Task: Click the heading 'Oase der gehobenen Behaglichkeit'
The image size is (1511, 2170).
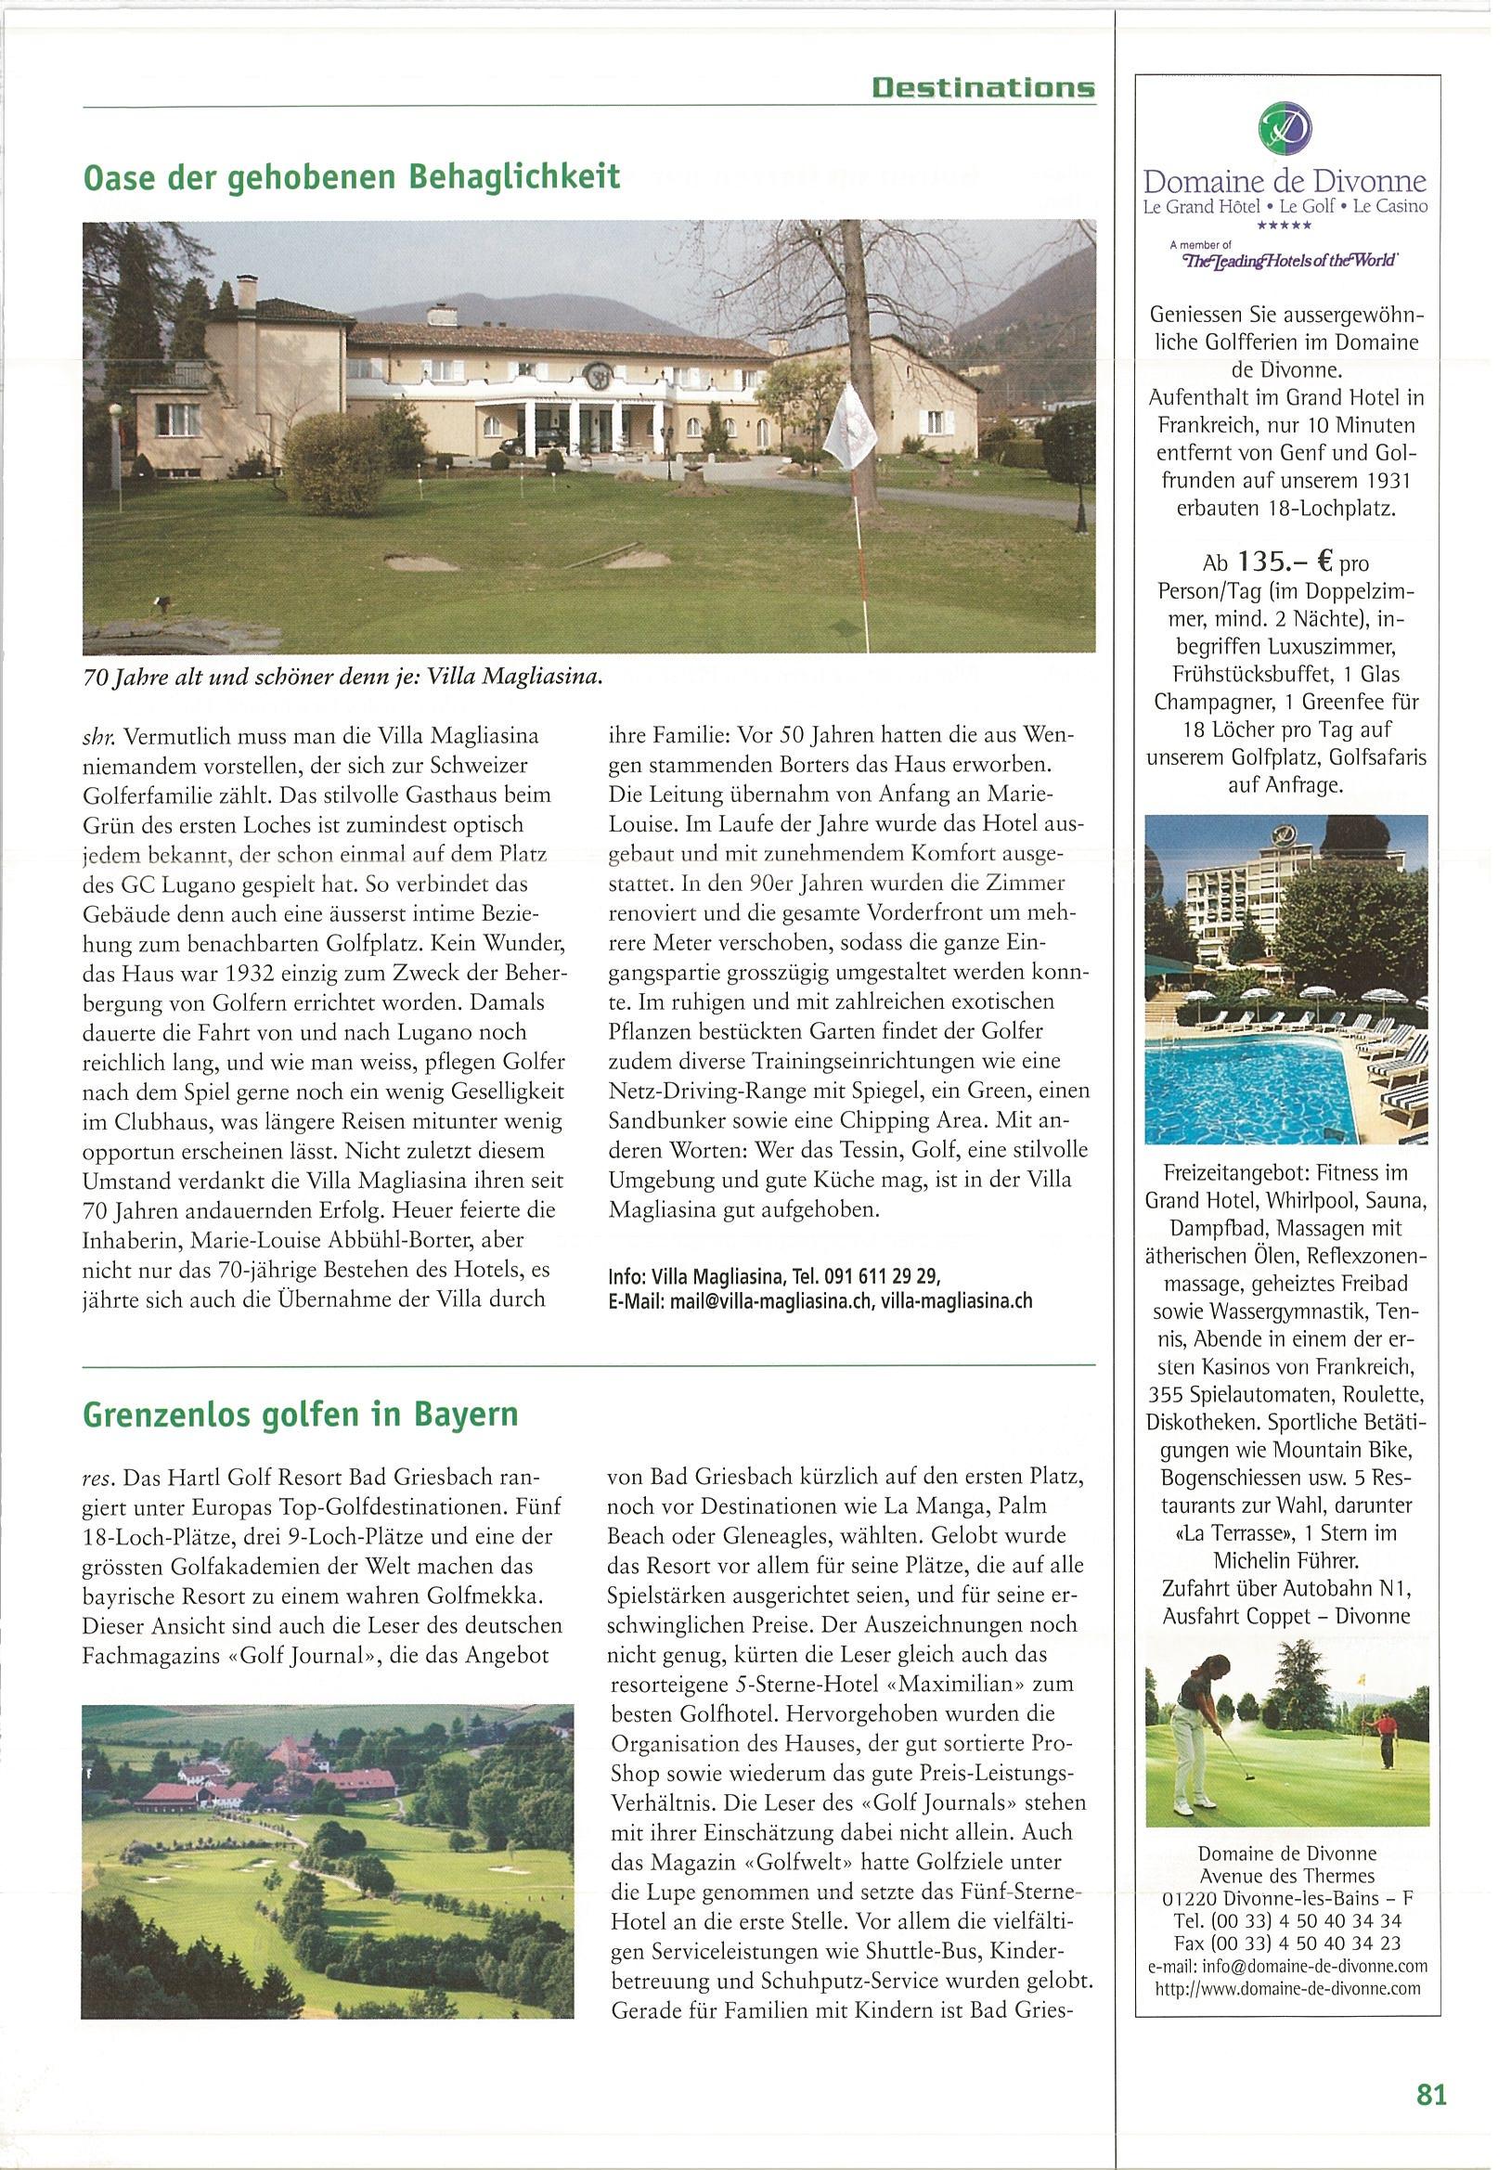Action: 352,176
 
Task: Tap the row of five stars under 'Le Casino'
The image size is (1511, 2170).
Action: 1285,226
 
